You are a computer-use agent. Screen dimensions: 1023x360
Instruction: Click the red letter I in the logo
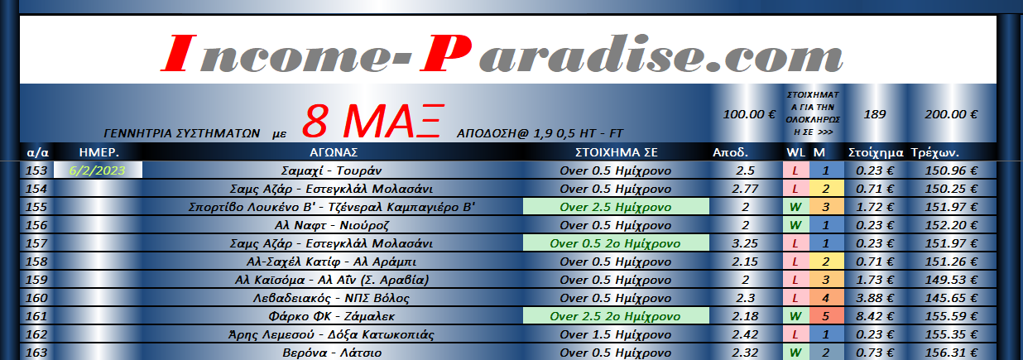pos(179,54)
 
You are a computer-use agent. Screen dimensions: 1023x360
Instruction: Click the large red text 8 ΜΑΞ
pos(373,122)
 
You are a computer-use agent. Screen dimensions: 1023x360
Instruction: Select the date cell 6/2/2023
pos(98,170)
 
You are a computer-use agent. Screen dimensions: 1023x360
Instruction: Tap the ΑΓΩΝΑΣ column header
pos(334,152)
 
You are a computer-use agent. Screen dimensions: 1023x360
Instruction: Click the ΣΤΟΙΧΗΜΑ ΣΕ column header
pos(616,152)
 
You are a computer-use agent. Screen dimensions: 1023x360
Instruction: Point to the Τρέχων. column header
pos(935,152)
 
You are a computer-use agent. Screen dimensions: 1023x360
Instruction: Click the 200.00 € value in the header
pos(951,114)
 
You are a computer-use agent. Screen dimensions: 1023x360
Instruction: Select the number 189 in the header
pos(875,114)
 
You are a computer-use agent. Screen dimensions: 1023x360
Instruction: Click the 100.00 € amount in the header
pos(749,114)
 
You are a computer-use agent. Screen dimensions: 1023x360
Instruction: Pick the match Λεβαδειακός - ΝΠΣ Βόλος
pos(331,298)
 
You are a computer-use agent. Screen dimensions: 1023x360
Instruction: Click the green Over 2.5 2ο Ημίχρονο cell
pos(616,316)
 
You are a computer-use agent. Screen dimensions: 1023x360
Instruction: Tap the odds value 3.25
pos(745,243)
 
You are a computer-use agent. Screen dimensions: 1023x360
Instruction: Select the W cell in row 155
pos(795,207)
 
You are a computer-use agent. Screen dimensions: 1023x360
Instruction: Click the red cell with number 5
pos(826,316)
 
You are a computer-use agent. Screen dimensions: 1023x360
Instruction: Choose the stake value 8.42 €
pos(875,316)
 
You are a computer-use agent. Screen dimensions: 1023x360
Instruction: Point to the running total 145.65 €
pos(951,298)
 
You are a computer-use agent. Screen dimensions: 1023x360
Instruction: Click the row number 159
pos(36,280)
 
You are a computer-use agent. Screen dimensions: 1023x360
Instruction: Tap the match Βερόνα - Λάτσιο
pos(332,353)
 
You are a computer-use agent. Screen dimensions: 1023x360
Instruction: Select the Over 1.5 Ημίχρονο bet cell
pos(616,334)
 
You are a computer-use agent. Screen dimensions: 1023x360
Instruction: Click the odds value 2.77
pos(745,189)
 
